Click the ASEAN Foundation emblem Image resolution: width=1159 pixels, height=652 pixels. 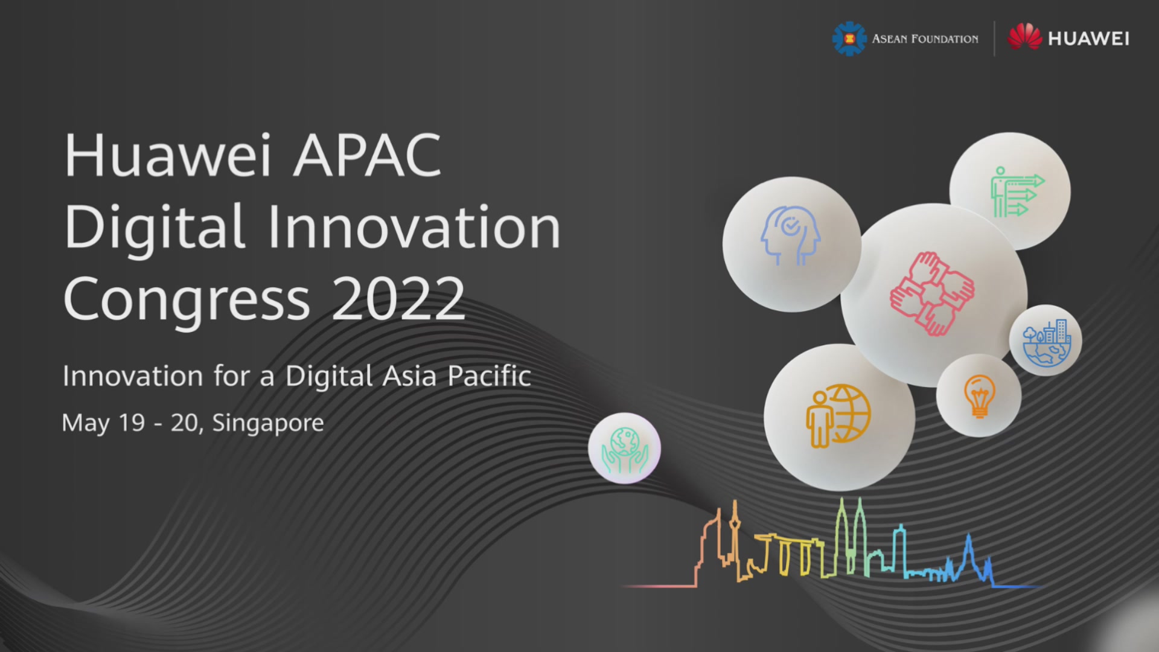[x=849, y=39]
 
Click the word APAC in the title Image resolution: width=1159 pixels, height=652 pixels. [x=367, y=155]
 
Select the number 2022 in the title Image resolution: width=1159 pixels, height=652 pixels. [x=398, y=299]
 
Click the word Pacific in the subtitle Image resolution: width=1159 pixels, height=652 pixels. [x=489, y=376]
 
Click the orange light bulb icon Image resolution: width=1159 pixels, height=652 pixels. [x=979, y=396]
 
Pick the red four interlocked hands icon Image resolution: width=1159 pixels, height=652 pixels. [x=932, y=293]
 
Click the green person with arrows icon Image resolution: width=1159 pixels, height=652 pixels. [x=1017, y=192]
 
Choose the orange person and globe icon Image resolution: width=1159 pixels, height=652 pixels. [x=838, y=416]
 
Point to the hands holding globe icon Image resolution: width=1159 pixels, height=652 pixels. [x=625, y=450]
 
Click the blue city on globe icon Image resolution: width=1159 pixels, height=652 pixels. [x=1047, y=342]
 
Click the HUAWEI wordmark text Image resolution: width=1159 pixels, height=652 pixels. [x=1088, y=39]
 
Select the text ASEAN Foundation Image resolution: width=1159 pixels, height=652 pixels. [x=925, y=39]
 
